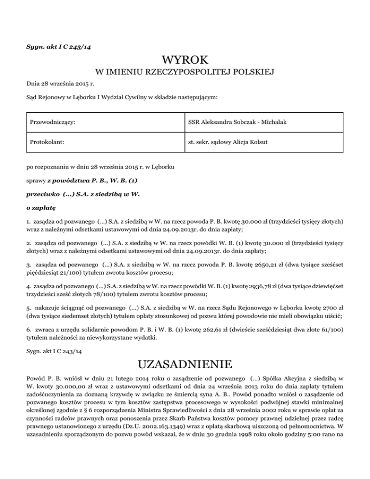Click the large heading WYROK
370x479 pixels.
(x=185, y=60)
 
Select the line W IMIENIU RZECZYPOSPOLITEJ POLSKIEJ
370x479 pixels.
(x=185, y=73)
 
